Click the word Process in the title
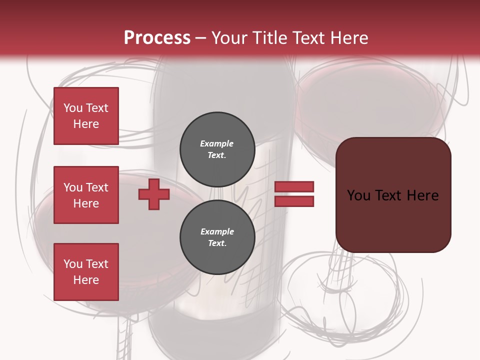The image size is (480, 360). pyautogui.click(x=157, y=37)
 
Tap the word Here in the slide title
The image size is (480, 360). pyautogui.click(x=347, y=38)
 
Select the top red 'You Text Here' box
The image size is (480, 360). pyautogui.click(x=86, y=116)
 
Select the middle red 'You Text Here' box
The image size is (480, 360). pyautogui.click(x=86, y=195)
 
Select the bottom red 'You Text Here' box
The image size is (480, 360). pyautogui.click(x=86, y=272)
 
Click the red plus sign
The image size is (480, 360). pyautogui.click(x=154, y=194)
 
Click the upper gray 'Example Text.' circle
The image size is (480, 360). pyautogui.click(x=217, y=149)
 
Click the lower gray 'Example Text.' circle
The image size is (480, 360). pyautogui.click(x=217, y=237)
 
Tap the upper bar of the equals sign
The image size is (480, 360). pyautogui.click(x=294, y=186)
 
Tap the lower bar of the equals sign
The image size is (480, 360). pyautogui.click(x=294, y=201)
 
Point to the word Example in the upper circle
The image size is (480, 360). pyautogui.click(x=217, y=143)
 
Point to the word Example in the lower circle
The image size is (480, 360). pyautogui.click(x=217, y=231)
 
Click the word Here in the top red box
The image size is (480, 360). pyautogui.click(x=86, y=124)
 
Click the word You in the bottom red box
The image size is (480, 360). pyautogui.click(x=72, y=264)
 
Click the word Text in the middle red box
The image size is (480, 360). pyautogui.click(x=97, y=187)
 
